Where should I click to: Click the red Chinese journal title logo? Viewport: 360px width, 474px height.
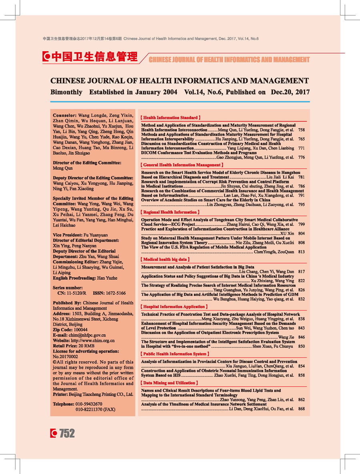pos(90,57)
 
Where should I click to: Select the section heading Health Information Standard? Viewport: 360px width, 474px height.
pos(170,118)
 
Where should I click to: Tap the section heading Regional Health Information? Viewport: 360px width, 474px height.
pos(170,212)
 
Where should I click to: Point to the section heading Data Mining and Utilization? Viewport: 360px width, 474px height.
pos(170,383)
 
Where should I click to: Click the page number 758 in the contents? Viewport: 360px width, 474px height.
pos(302,130)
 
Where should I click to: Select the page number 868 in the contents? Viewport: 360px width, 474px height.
pos(302,409)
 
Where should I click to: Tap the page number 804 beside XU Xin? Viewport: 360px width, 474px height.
pos(302,233)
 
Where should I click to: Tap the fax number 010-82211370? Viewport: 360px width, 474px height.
pos(89,410)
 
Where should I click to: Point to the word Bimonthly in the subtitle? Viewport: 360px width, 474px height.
pos(66,92)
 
